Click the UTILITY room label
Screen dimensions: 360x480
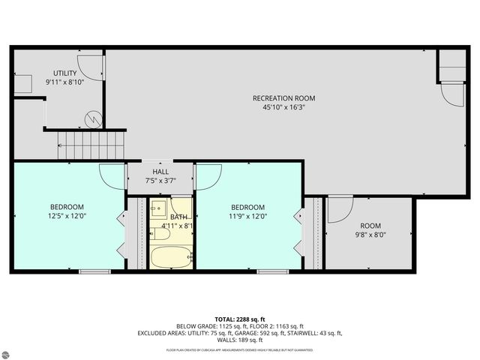coord(64,73)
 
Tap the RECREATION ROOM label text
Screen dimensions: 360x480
coord(283,98)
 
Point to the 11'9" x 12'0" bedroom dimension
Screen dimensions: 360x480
coord(247,216)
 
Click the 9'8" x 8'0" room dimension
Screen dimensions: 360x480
coord(370,234)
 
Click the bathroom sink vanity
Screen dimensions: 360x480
coord(158,209)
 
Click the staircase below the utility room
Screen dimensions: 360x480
coord(88,142)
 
